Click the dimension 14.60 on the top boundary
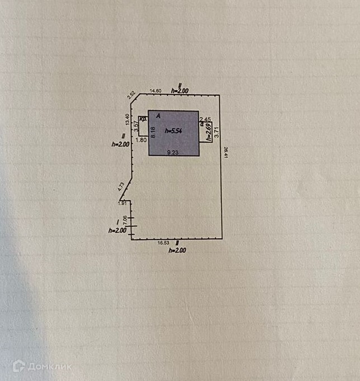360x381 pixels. pos(156,91)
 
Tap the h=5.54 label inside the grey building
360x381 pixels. pos(174,131)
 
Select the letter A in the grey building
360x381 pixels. pos(158,116)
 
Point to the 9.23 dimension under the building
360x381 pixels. pos(174,151)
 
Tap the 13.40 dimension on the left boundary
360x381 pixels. pos(127,119)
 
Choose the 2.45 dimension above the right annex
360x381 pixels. pos(205,119)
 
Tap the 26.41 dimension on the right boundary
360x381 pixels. pos(226,152)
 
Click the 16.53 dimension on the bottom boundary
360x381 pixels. pos(162,243)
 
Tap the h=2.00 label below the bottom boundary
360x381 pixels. pos(177,250)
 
